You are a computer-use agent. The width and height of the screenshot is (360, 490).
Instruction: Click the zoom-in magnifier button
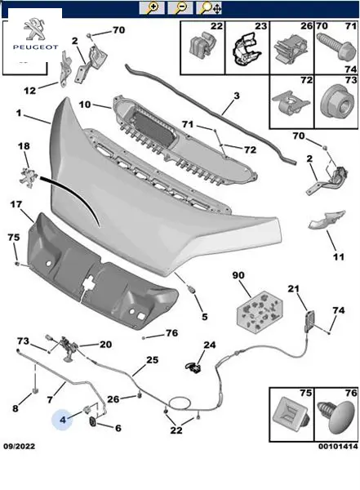click(152, 7)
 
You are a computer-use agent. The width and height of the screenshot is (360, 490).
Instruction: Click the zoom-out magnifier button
click(180, 7)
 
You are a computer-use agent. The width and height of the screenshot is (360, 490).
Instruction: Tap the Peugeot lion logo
click(34, 29)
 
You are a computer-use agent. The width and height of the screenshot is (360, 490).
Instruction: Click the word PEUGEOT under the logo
click(35, 47)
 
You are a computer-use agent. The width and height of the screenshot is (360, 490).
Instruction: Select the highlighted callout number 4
click(63, 420)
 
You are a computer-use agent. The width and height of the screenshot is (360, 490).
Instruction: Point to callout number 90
click(238, 275)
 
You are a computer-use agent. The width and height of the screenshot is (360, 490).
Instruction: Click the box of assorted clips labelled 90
click(260, 310)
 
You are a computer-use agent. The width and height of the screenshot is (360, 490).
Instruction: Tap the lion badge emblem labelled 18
click(29, 177)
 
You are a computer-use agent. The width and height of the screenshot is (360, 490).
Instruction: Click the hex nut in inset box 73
click(339, 101)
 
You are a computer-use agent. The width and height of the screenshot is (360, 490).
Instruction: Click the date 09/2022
click(20, 446)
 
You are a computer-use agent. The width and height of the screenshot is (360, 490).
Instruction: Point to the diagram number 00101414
click(338, 446)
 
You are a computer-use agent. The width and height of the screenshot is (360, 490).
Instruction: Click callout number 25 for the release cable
click(152, 360)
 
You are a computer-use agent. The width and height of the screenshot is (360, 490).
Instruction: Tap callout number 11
click(339, 257)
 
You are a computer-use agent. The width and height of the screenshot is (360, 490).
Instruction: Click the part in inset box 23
click(247, 49)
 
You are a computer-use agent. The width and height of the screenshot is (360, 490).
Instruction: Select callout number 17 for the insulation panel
click(16, 204)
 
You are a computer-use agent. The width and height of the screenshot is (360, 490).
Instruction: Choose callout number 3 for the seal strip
click(237, 96)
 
